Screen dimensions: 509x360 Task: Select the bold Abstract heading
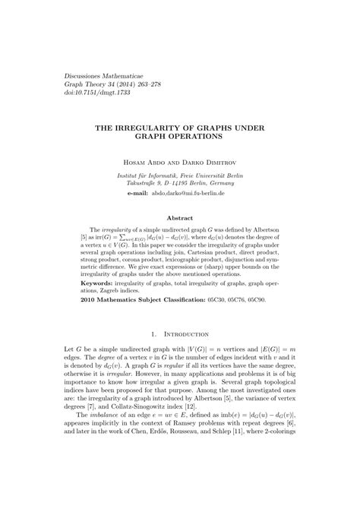coord(180,217)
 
